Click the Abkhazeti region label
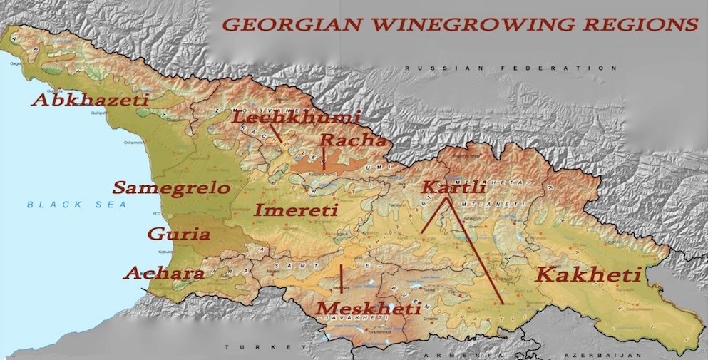point(90,100)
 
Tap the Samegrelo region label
point(171,188)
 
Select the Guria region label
point(178,235)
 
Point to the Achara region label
point(164,273)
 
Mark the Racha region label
point(352,140)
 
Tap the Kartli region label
point(453,187)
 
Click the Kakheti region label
point(589,274)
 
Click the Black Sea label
point(76,205)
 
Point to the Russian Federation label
point(511,68)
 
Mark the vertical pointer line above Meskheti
point(342,279)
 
